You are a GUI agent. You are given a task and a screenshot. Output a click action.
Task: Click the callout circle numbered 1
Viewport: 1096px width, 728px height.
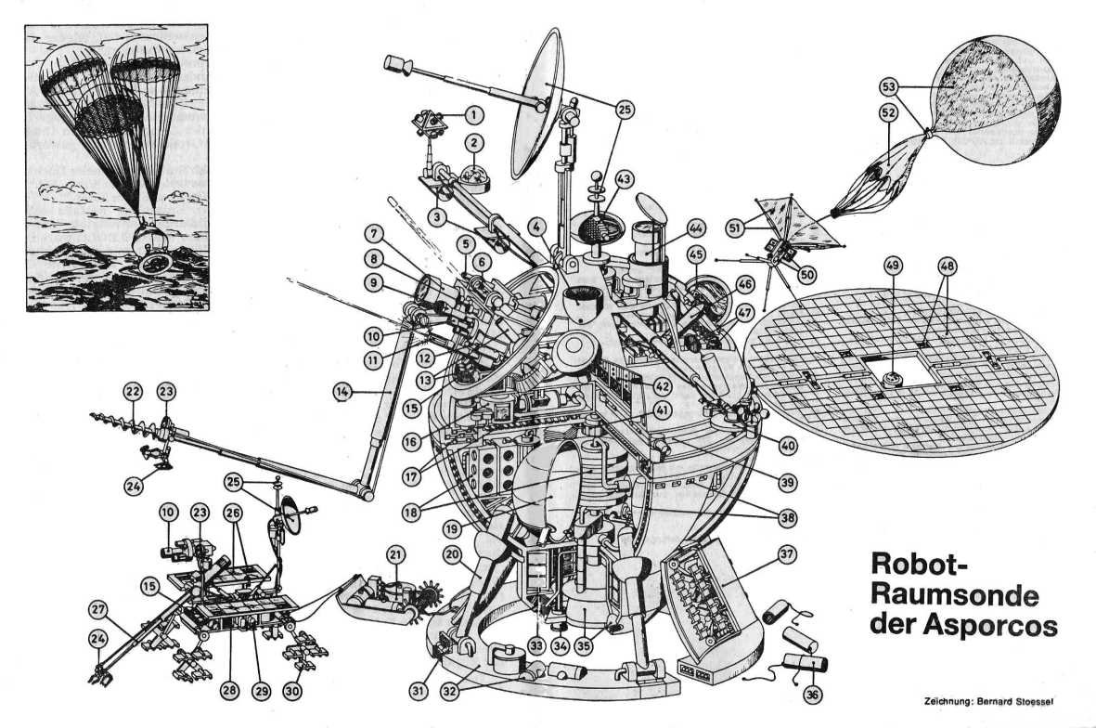pos(473,115)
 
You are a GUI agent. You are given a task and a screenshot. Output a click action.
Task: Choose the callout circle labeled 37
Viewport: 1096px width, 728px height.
pos(787,556)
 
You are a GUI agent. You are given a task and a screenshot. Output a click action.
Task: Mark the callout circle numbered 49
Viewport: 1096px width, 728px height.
pos(893,267)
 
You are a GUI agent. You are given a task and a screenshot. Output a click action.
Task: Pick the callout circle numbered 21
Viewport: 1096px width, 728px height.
pos(396,555)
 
